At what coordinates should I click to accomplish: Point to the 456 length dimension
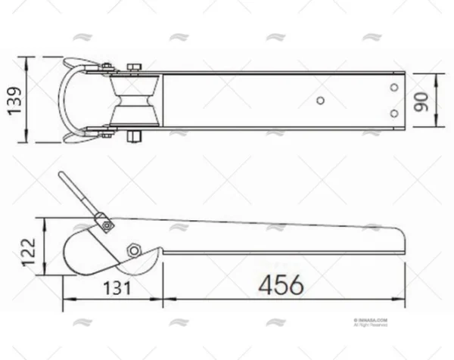click(281, 285)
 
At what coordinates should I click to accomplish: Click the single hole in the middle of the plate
click(320, 100)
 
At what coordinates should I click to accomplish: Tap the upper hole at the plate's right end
click(393, 88)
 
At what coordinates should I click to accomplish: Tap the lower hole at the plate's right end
click(393, 113)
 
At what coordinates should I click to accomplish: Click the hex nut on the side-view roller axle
click(134, 250)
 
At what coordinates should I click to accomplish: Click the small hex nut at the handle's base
click(107, 224)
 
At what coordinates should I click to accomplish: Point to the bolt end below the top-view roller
click(134, 137)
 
